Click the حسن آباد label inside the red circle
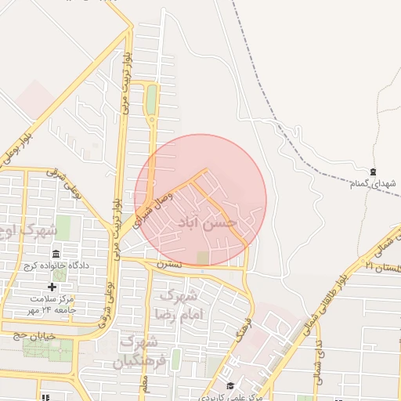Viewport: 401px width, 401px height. click(208, 223)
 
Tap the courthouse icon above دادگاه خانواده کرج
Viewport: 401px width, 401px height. click(56, 255)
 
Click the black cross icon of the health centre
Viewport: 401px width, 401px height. click(52, 287)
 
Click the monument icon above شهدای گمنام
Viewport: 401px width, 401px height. click(373, 172)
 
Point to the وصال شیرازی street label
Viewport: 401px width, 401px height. click(152, 207)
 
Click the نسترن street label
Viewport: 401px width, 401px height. click(168, 265)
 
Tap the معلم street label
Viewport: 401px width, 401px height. click(144, 382)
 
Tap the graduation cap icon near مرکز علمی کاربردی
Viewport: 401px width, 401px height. click(230, 385)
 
